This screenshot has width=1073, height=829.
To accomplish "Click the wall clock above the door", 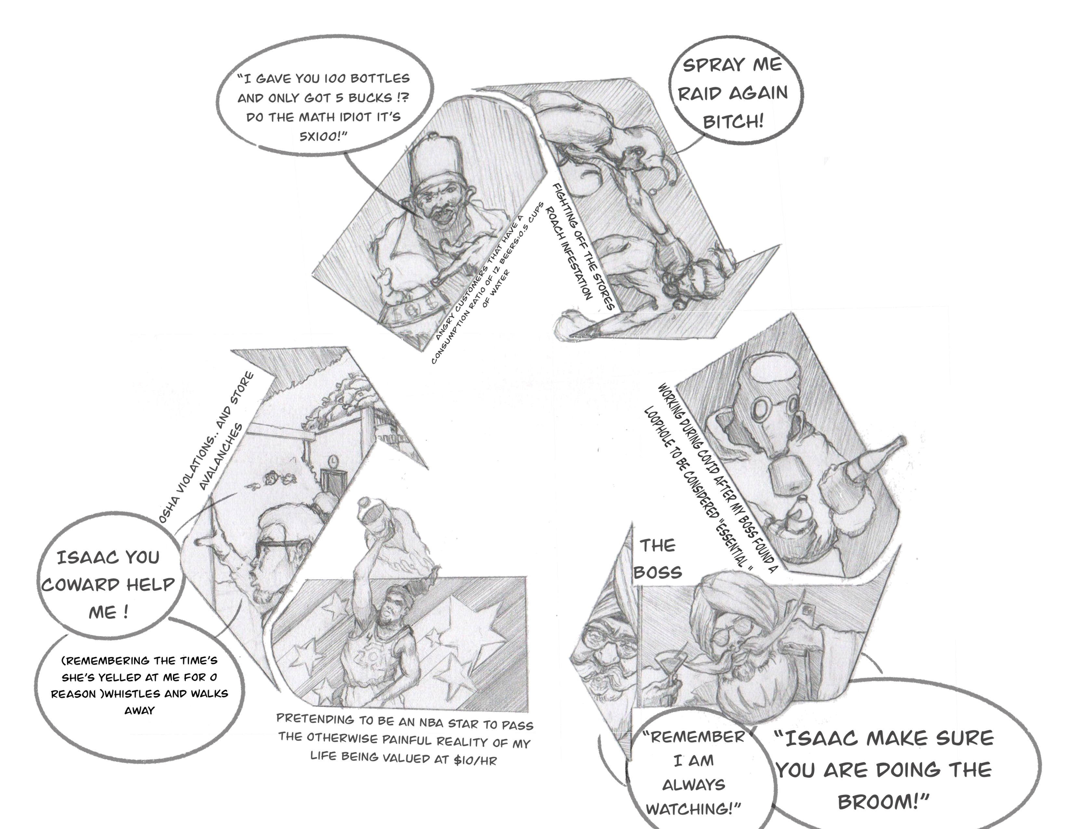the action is [334, 461].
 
